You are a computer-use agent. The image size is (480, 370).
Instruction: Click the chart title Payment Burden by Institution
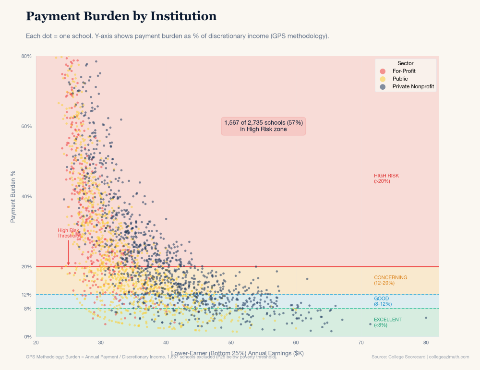tap(121, 16)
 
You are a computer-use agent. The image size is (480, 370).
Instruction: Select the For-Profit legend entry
tap(404, 71)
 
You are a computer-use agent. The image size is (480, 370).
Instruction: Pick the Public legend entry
tap(400, 79)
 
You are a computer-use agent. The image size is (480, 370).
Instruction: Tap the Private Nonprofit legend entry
tap(413, 87)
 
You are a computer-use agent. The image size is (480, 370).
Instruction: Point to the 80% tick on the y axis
tap(27, 57)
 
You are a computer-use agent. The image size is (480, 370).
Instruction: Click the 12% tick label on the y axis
tap(27, 295)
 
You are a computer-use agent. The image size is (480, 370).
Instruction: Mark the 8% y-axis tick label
tap(28, 309)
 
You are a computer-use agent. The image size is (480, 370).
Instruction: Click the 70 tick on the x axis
tap(361, 343)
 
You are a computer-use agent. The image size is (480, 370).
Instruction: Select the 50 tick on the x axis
tap(231, 343)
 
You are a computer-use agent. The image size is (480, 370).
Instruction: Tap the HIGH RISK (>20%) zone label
tap(386, 179)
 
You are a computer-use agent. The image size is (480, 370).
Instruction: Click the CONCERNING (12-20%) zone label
tap(390, 280)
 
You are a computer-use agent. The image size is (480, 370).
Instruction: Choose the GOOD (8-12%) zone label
tap(383, 301)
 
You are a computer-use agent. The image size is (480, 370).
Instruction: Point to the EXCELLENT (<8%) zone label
tap(387, 322)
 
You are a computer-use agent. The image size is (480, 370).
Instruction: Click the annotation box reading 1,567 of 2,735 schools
tap(263, 126)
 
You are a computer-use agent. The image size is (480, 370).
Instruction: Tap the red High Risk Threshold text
tap(68, 233)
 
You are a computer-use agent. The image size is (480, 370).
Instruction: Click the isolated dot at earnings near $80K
tap(426, 318)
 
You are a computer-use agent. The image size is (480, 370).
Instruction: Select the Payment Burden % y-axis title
tap(13, 196)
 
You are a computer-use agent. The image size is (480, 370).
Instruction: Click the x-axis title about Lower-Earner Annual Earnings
tap(237, 353)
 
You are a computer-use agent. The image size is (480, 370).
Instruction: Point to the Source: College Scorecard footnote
tap(420, 357)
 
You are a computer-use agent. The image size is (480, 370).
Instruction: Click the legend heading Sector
tap(405, 63)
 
